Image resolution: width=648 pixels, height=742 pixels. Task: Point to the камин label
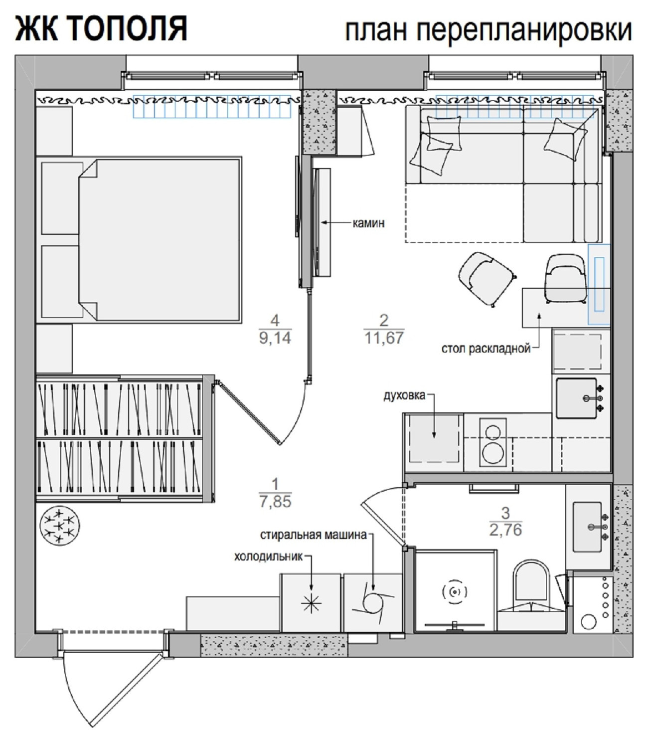368,223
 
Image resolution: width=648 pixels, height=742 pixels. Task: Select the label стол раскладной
486,349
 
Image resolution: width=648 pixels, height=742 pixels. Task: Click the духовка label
404,395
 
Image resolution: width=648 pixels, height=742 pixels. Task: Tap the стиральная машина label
314,535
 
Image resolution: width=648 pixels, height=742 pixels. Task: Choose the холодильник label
268,556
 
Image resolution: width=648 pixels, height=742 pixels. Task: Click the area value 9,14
275,338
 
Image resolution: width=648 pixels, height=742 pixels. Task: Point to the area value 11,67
384,338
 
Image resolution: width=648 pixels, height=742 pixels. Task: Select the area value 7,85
275,502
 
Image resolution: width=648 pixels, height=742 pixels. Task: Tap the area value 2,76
505,530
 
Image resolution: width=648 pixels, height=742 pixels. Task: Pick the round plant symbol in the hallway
60,526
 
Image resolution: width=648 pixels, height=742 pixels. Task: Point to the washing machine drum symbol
373,602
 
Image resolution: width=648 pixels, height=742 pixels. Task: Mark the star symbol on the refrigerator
312,603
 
